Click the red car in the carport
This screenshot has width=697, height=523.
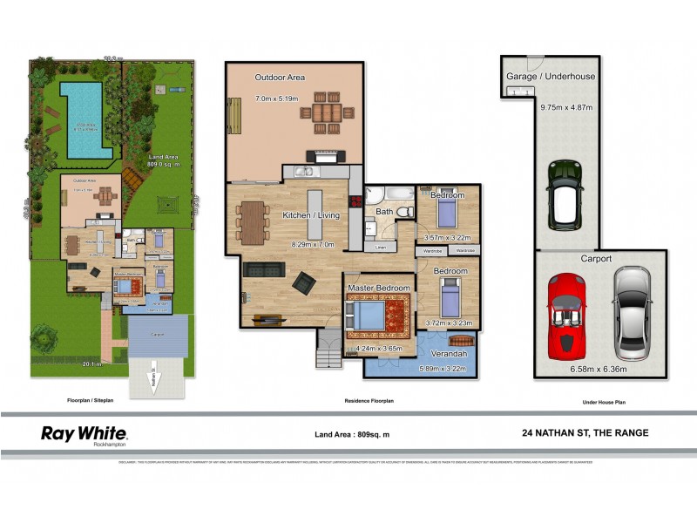click(x=568, y=315)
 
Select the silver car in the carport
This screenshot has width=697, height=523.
click(x=630, y=313)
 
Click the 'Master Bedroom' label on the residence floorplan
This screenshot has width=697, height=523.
click(x=379, y=287)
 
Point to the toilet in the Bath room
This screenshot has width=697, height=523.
click(x=403, y=212)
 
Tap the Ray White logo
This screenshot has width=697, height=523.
click(x=85, y=434)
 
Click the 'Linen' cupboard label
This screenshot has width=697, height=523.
click(x=380, y=248)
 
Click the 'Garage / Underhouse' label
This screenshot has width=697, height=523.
click(x=551, y=76)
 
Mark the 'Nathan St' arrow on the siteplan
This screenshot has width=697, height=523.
click(x=153, y=381)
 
